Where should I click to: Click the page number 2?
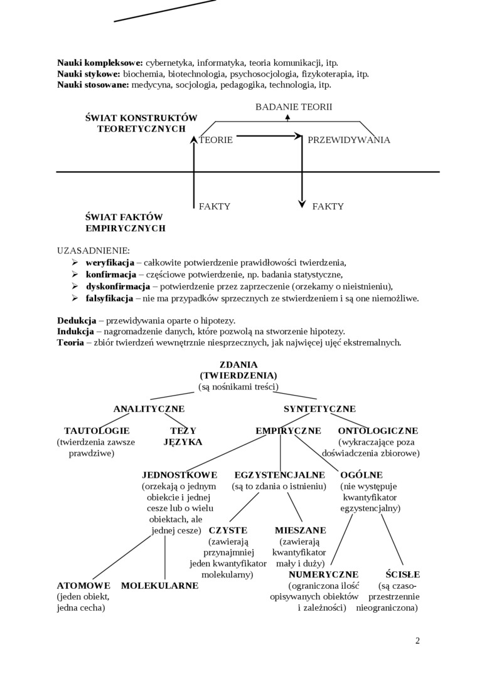point(417,640)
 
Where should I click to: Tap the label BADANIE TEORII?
point(294,107)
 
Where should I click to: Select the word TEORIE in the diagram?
point(216,140)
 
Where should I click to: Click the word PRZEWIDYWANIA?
point(349,140)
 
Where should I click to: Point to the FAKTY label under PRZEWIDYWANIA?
point(328,206)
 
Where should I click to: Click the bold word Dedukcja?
point(77,319)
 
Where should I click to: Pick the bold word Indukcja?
point(76,331)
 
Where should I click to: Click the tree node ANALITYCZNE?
point(149,409)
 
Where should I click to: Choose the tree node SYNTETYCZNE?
point(319,409)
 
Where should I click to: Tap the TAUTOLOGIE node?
point(97,431)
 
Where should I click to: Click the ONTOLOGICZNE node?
point(378,431)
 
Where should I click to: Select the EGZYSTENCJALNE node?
point(280,475)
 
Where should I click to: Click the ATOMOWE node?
point(83,585)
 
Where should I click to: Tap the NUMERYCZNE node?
point(323,574)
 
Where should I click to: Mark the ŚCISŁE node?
point(403,574)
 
